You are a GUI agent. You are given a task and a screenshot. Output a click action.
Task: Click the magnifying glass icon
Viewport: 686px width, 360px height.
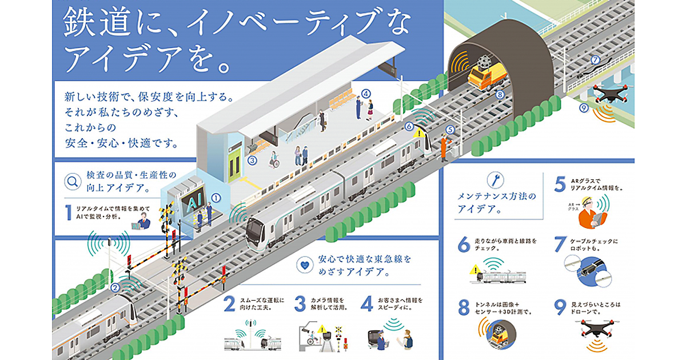73,182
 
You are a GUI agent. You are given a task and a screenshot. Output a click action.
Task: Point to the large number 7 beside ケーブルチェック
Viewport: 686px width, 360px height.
561,246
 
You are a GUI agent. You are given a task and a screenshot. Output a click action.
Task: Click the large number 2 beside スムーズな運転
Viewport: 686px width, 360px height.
229,303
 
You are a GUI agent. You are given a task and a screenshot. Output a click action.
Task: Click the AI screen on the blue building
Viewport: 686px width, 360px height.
192,203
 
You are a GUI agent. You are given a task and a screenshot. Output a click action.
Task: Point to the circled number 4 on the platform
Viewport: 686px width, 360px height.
366,94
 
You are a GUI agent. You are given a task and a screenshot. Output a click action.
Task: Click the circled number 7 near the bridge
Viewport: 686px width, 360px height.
595,59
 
